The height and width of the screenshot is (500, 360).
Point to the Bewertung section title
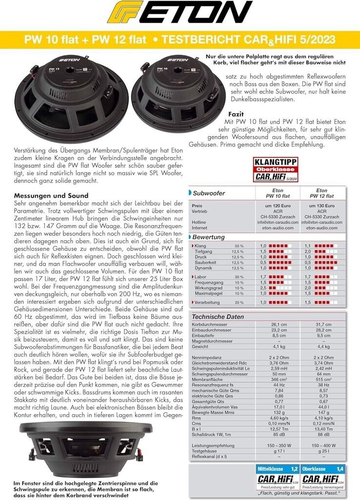[208, 237]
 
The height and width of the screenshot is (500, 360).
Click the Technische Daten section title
[218, 317]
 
